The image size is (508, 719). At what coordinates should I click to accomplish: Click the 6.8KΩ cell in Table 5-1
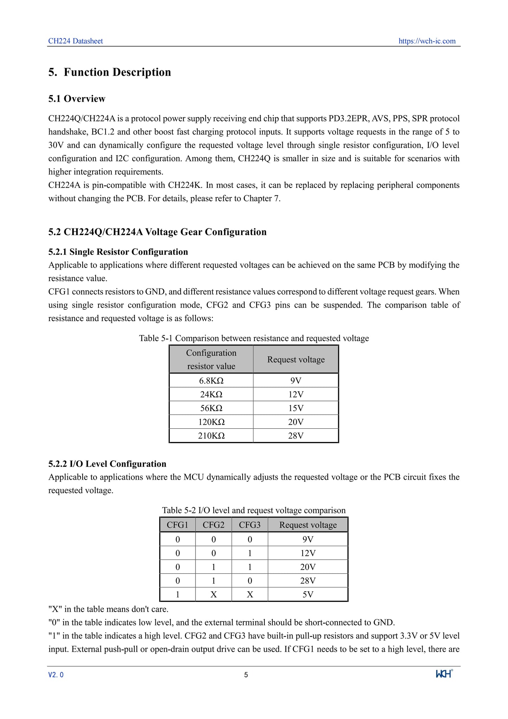pyautogui.click(x=211, y=380)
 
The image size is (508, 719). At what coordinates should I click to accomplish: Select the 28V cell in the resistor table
pyautogui.click(x=296, y=436)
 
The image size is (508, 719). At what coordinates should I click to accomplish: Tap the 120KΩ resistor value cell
pyautogui.click(x=211, y=422)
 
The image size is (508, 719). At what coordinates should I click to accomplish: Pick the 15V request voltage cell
pyautogui.click(x=296, y=408)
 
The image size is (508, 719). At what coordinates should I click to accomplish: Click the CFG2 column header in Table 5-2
pyautogui.click(x=213, y=525)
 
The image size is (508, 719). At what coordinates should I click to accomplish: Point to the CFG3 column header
pyautogui.click(x=250, y=525)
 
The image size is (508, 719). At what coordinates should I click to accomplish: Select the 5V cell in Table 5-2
pyautogui.click(x=308, y=594)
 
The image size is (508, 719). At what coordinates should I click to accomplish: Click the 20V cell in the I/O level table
pyautogui.click(x=308, y=567)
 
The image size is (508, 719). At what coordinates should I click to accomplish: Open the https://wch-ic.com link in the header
pyautogui.click(x=427, y=41)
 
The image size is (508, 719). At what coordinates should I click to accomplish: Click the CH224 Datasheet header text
pyautogui.click(x=76, y=41)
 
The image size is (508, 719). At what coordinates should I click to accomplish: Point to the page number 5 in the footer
pyautogui.click(x=246, y=675)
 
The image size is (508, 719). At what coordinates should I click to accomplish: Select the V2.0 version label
pyautogui.click(x=56, y=675)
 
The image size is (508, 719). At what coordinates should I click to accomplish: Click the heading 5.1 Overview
pyautogui.click(x=77, y=99)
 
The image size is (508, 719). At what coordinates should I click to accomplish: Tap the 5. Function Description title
pyautogui.click(x=110, y=72)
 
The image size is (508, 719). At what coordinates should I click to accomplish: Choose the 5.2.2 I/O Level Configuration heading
pyautogui.click(x=107, y=464)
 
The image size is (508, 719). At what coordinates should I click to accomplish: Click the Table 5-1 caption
pyautogui.click(x=254, y=338)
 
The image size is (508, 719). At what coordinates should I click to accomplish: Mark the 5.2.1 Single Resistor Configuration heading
pyautogui.click(x=118, y=252)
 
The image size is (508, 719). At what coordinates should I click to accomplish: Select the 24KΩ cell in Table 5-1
pyautogui.click(x=211, y=395)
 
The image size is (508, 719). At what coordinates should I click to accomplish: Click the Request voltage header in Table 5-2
pyautogui.click(x=308, y=525)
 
